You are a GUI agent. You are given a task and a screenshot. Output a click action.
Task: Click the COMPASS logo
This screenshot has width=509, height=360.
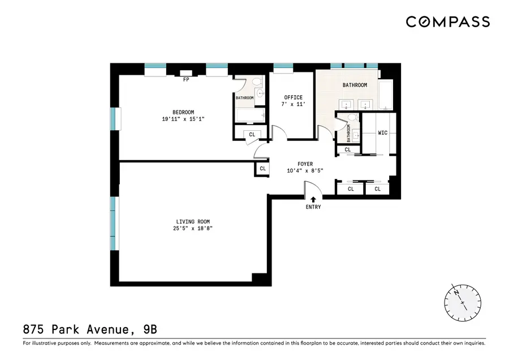[447, 22]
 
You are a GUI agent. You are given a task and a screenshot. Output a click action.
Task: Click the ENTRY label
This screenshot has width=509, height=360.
[313, 207]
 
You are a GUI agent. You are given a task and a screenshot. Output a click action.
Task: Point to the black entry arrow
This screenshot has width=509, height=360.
[313, 199]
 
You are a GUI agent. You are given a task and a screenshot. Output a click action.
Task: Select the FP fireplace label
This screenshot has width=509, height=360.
[186, 80]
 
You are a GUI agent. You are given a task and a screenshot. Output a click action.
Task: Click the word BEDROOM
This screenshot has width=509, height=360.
[183, 112]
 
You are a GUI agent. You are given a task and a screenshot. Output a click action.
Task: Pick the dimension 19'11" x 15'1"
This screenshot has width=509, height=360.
[183, 119]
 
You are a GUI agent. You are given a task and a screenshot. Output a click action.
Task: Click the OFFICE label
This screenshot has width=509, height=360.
[293, 97]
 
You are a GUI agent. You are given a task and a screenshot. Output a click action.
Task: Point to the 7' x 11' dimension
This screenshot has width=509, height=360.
[293, 105]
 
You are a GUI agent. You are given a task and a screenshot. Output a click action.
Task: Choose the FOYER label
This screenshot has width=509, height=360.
[305, 164]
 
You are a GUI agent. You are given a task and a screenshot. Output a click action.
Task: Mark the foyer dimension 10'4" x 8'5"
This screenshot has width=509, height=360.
[305, 172]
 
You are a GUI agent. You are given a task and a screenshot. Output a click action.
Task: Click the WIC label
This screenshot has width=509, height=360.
[383, 133]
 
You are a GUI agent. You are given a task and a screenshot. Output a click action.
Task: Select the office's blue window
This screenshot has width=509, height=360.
[282, 66]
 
